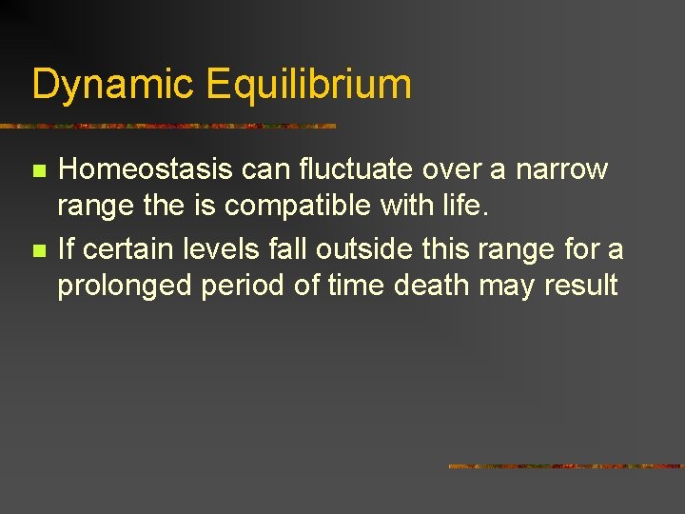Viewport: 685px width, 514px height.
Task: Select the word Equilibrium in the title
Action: coord(308,84)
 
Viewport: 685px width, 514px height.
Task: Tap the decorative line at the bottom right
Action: coord(565,466)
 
